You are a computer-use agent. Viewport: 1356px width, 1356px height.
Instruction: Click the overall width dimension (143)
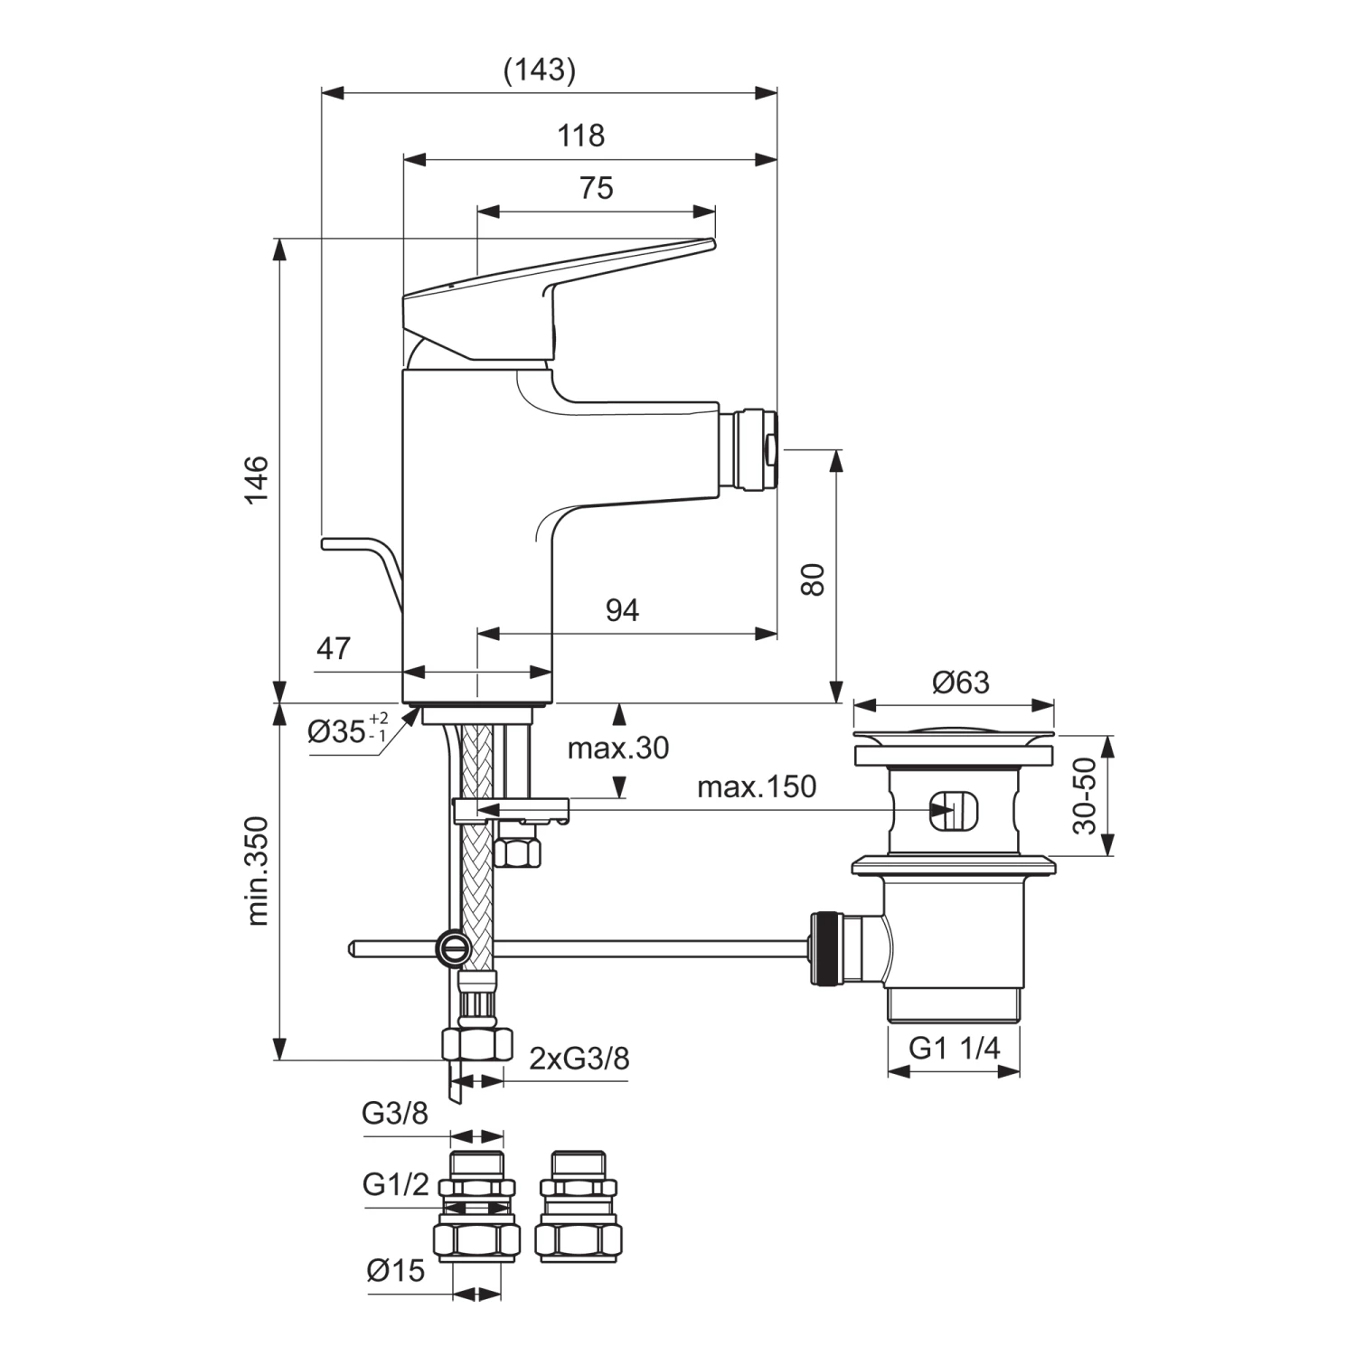coord(540,70)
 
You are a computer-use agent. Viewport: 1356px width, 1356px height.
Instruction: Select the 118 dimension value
coord(580,136)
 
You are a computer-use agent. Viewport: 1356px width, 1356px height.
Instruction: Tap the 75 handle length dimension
coord(596,188)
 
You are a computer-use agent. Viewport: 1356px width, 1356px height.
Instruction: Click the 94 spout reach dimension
coord(622,611)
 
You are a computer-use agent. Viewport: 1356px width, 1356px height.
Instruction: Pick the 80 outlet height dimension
coord(813,579)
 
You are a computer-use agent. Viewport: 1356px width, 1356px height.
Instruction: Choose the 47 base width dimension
coord(334,648)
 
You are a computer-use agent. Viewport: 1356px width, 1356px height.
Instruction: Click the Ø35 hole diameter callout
coord(348,730)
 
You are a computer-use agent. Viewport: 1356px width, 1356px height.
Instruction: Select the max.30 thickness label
coord(618,749)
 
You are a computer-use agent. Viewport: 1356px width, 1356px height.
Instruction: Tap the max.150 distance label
coord(757,786)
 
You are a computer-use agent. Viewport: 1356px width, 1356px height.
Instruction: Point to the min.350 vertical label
coord(258,871)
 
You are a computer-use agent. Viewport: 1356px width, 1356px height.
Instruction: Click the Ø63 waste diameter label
coord(961,683)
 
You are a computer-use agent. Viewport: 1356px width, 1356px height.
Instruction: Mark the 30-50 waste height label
coord(1085,796)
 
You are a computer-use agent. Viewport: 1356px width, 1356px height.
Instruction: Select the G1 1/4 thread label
coord(954,1049)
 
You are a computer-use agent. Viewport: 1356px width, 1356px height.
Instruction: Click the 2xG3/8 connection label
coord(579,1058)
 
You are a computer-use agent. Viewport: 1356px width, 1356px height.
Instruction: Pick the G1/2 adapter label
coord(396,1184)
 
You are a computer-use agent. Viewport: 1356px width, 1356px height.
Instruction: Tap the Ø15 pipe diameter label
coord(396,1270)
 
